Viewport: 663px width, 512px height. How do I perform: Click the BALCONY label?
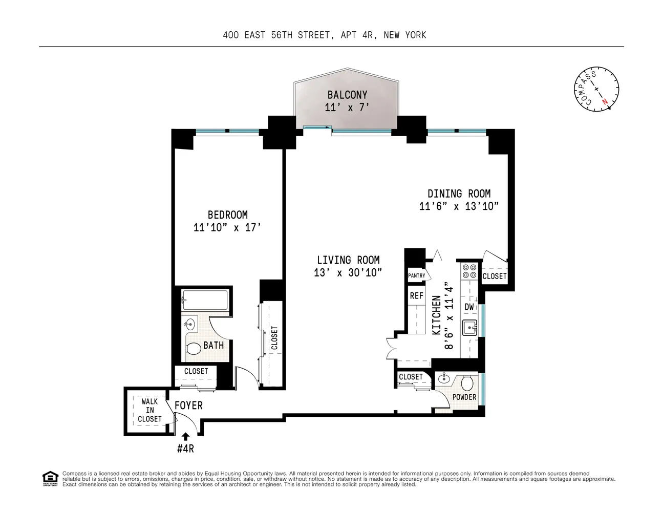tap(347, 95)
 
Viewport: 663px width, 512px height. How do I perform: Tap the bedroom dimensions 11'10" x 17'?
tap(227, 227)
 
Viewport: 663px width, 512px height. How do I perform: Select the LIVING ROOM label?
tap(348, 260)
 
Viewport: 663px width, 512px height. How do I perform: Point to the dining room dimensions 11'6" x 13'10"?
tap(459, 206)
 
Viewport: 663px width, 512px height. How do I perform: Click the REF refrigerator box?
tap(417, 295)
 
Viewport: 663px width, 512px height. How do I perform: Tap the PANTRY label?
tap(417, 275)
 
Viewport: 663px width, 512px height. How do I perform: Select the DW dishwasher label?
tap(469, 307)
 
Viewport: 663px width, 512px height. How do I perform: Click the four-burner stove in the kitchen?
tap(469, 271)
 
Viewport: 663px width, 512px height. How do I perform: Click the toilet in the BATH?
tap(194, 349)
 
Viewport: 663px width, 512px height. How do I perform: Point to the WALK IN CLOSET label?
tap(149, 410)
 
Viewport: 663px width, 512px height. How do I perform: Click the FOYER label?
tap(188, 406)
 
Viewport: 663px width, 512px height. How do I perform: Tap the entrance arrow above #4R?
tap(185, 437)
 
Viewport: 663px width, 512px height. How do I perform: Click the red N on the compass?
tap(606, 101)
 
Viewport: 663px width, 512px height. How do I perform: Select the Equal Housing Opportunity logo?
tap(50, 478)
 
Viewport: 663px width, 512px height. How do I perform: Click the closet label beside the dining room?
tap(495, 276)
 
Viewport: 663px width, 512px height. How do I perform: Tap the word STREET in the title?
tap(313, 35)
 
